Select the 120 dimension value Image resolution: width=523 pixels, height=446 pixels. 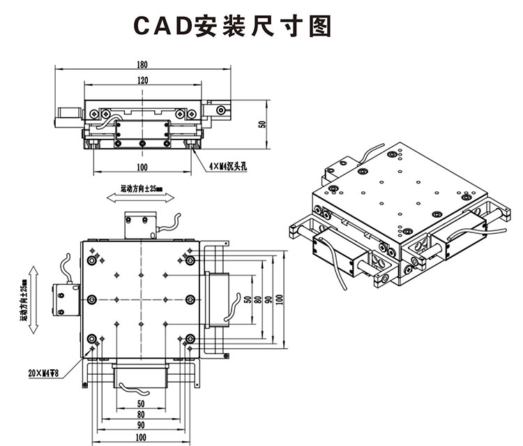point(143,81)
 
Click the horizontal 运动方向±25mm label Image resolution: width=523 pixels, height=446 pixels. point(142,188)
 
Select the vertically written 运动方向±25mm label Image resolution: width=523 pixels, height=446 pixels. point(22,297)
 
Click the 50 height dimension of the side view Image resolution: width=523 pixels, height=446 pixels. point(262,124)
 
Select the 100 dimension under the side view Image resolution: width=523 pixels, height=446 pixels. point(142,167)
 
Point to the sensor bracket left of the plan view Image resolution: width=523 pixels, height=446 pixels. point(65,299)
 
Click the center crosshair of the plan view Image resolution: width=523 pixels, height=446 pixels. point(141,299)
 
